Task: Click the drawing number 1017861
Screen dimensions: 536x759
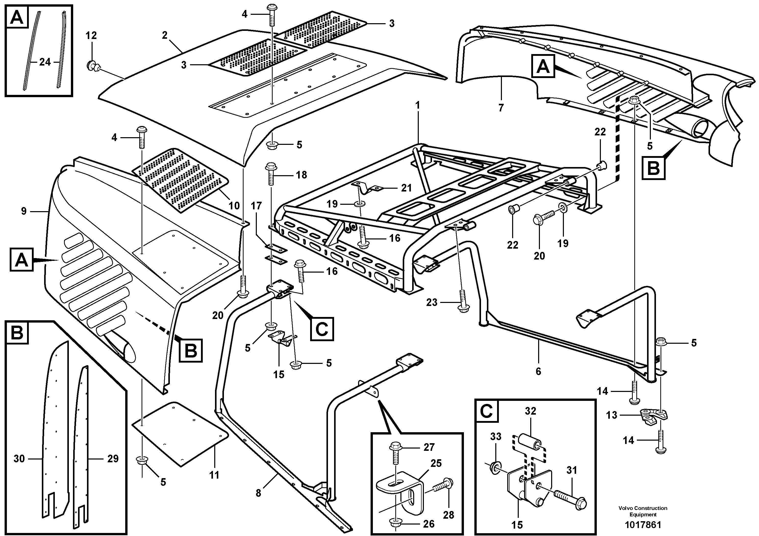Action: point(643,525)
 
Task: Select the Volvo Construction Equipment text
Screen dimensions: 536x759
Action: point(643,511)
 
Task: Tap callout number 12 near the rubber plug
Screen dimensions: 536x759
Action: point(91,36)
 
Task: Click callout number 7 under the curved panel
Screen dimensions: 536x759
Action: point(501,108)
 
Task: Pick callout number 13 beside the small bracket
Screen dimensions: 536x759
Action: point(612,415)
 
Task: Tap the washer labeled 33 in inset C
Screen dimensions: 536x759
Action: point(494,468)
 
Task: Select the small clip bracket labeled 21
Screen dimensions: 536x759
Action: point(367,188)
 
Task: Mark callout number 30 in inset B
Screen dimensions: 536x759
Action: point(19,459)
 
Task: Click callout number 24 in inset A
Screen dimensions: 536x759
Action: point(45,62)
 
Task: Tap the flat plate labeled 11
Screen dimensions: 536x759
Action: point(180,435)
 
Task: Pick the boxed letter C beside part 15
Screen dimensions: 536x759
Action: point(322,329)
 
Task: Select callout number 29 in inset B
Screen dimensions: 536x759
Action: point(113,459)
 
